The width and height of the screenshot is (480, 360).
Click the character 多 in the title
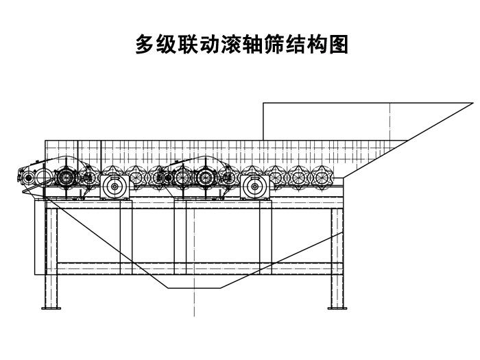pyautogui.click(x=145, y=45)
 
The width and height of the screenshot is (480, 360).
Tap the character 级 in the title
pyautogui.click(x=166, y=45)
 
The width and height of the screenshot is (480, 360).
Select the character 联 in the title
pyautogui.click(x=188, y=45)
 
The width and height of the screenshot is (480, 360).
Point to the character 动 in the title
pyautogui.click(x=209, y=45)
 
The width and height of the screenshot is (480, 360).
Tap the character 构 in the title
pyautogui.click(x=317, y=45)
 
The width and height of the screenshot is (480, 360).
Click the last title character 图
pyautogui.click(x=338, y=45)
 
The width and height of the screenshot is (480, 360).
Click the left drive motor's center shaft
pyautogui.click(x=115, y=187)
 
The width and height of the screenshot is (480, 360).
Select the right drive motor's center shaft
pyautogui.click(x=254, y=187)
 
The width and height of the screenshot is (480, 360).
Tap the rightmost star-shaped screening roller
pyautogui.click(x=322, y=177)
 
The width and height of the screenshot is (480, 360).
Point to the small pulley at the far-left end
pyautogui.click(x=29, y=177)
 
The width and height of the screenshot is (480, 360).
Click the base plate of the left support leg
pyautogui.click(x=51, y=309)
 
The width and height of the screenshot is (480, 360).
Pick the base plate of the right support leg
pyautogui.click(x=337, y=309)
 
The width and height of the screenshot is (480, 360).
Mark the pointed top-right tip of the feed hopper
pyautogui.click(x=473, y=103)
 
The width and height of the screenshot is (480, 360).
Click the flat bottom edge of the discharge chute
pyautogui.click(x=194, y=288)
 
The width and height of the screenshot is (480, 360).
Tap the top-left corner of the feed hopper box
pyautogui.click(x=263, y=103)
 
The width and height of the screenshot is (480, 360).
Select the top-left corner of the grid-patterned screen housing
pyautogui.click(x=45, y=141)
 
